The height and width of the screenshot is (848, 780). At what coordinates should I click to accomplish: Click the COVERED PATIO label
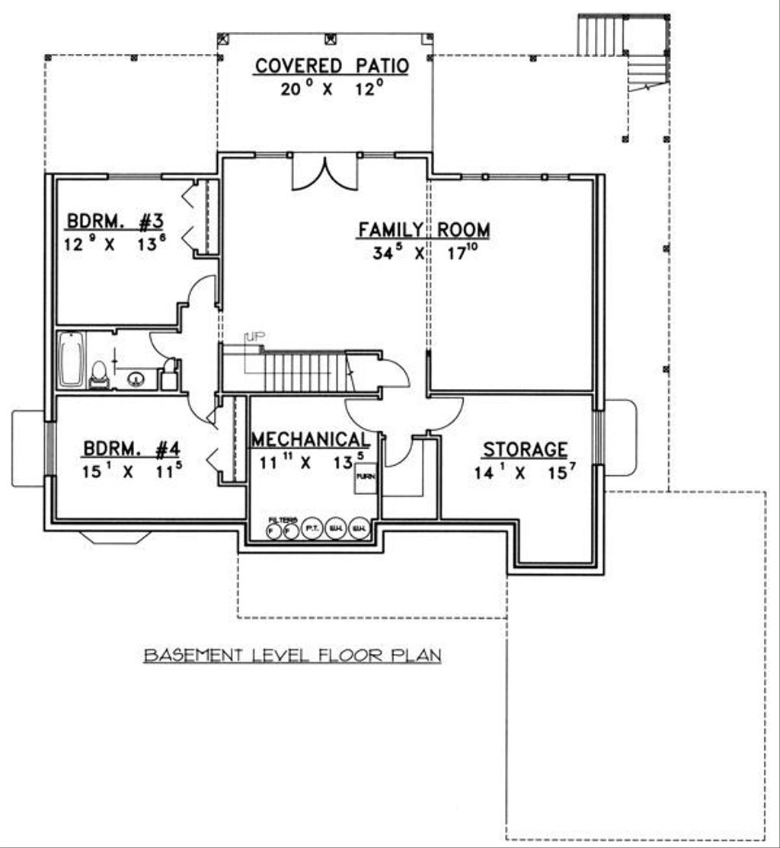(x=331, y=66)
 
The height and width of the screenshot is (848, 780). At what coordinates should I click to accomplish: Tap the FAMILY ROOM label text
(x=424, y=229)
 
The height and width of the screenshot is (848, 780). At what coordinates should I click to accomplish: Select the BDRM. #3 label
(x=115, y=222)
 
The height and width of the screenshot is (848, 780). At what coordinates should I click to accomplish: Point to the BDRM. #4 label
(x=131, y=449)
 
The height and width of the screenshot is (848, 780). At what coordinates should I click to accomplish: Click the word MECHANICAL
(x=311, y=440)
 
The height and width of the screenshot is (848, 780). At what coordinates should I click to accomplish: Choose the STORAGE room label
(x=525, y=449)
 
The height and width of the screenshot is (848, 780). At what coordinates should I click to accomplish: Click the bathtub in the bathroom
(x=71, y=361)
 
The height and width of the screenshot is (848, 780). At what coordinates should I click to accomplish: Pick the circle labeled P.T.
(x=312, y=528)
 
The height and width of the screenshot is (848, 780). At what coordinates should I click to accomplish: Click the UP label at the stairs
(x=253, y=336)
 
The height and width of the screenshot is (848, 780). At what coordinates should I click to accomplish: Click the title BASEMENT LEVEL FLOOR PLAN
(x=292, y=655)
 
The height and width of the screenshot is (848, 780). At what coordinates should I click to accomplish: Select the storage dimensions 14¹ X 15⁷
(x=525, y=472)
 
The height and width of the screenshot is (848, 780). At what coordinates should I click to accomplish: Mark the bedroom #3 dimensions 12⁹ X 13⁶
(x=115, y=246)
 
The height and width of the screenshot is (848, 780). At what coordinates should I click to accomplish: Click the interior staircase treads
(x=305, y=371)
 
